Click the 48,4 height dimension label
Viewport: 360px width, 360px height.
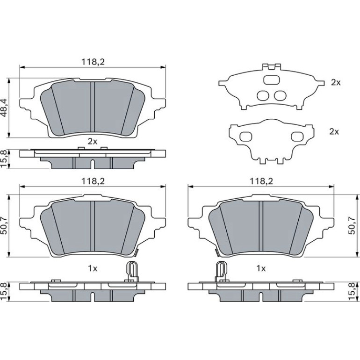(x=4, y=108)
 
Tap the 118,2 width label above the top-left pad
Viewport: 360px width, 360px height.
(x=93, y=62)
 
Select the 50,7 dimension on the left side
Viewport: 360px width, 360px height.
(x=4, y=227)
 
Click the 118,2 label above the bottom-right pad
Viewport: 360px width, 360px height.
(x=261, y=181)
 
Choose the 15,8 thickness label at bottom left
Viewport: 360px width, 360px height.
(x=4, y=292)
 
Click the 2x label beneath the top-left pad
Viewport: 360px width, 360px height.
(x=93, y=141)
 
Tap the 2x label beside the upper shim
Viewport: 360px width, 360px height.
(x=336, y=82)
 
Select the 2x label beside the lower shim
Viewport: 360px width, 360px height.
(x=334, y=131)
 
